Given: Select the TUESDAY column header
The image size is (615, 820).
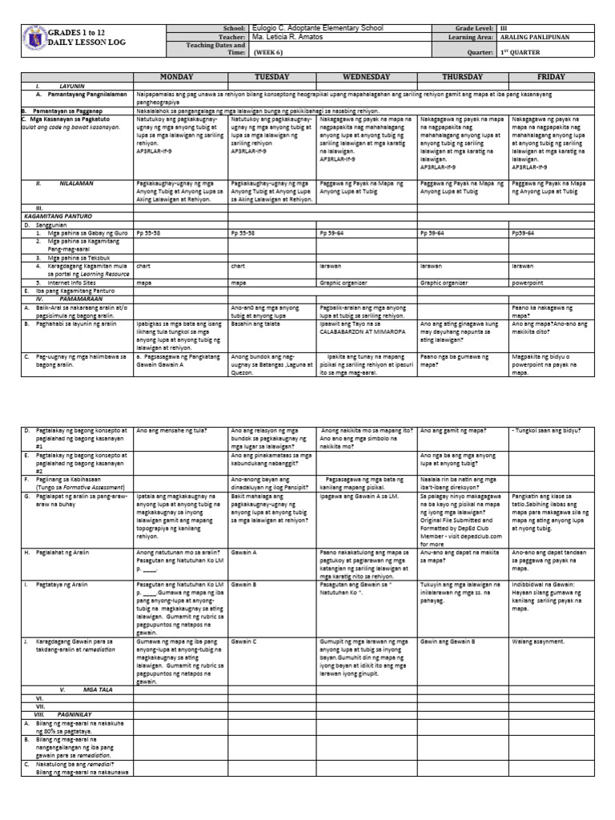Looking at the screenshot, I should click(271, 77).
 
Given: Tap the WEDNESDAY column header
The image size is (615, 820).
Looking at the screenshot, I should click(366, 77).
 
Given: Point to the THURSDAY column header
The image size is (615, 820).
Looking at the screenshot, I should click(462, 77).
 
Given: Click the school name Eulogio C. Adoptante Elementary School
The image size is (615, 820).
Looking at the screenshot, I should click(316, 28).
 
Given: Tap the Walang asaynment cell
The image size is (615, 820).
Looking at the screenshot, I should click(537, 642).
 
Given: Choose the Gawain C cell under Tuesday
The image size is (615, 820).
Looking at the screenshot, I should click(243, 642).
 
